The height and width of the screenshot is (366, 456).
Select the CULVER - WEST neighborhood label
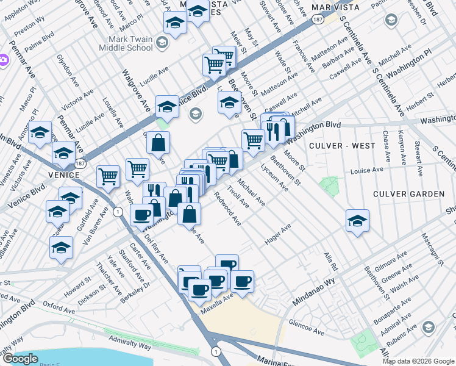342,146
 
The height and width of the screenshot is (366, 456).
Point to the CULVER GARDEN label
411,194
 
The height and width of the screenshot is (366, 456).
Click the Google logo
20,359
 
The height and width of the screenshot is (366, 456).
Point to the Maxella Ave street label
217,300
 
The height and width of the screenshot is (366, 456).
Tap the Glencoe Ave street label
306,327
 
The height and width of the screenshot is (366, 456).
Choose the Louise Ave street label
371,170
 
